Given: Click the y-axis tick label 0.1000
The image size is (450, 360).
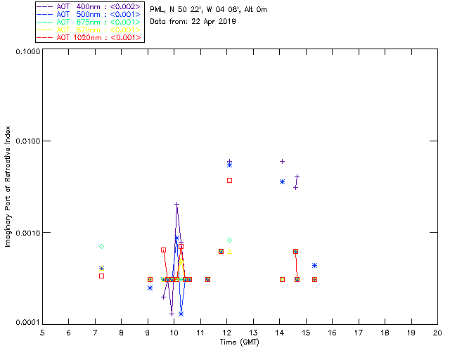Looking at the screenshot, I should point(25,53).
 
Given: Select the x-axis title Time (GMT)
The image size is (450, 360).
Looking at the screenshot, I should point(240,342).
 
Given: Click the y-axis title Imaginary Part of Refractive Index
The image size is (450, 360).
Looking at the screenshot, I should point(9,188).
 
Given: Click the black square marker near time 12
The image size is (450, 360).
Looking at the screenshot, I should point(229,181).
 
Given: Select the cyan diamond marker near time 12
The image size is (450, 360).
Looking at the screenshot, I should point(229,240).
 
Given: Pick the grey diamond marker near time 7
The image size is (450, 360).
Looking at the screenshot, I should point(102,246).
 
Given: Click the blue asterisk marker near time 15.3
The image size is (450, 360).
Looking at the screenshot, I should point(314,266).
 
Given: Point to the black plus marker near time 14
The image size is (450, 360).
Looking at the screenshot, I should point(282,162).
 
